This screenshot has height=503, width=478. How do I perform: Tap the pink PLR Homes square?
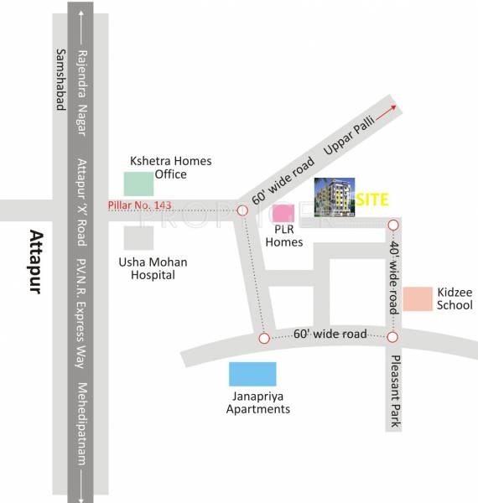click(x=283, y=214)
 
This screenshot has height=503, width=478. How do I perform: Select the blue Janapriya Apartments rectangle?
click(x=252, y=374)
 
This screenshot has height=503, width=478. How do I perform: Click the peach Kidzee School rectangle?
click(x=417, y=299)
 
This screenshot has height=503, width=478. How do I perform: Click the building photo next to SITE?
click(x=333, y=199)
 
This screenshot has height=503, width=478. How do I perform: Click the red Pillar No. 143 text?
click(x=139, y=206)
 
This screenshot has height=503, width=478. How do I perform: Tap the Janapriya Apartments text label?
click(x=258, y=403)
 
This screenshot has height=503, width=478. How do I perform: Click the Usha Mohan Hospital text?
click(x=153, y=268)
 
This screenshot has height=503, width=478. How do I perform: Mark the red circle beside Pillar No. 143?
click(x=242, y=210)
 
